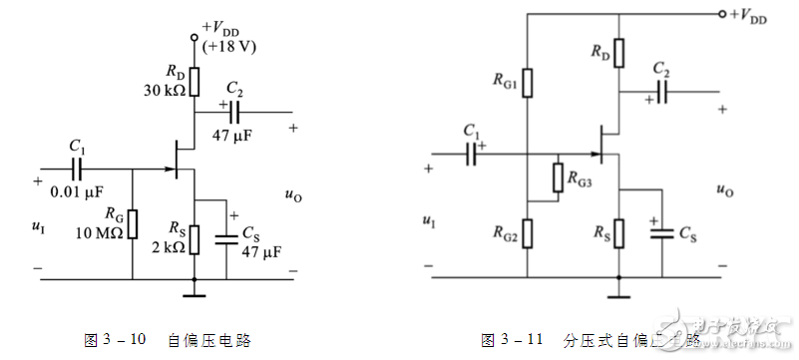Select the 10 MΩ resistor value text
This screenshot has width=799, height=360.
point(101,232)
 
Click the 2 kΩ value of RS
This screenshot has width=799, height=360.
point(165,246)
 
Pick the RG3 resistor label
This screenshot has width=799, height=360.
point(585,180)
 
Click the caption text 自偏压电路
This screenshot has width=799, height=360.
point(209,340)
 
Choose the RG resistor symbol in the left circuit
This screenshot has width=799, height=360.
point(132,224)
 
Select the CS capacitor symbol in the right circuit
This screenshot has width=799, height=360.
point(660,233)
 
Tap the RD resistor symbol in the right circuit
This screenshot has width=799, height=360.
point(619,52)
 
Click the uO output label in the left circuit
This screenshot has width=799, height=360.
point(292,196)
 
